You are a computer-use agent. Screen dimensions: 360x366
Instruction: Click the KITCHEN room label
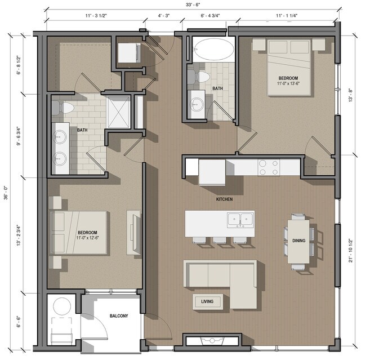click(x=224, y=199)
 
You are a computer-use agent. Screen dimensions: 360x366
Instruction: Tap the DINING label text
click(x=299, y=241)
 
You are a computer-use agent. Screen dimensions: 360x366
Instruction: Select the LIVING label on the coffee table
click(x=207, y=302)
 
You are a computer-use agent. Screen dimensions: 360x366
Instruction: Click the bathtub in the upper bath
click(x=211, y=49)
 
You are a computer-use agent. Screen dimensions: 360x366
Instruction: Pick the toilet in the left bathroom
click(x=67, y=106)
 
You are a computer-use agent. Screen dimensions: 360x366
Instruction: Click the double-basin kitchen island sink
click(x=240, y=219)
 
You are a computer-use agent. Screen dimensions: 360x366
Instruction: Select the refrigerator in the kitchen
click(x=212, y=171)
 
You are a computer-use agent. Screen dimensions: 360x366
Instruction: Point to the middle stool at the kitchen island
click(x=220, y=239)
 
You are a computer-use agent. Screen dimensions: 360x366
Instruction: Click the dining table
click(x=298, y=241)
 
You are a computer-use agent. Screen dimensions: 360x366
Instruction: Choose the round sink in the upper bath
click(x=197, y=103)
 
